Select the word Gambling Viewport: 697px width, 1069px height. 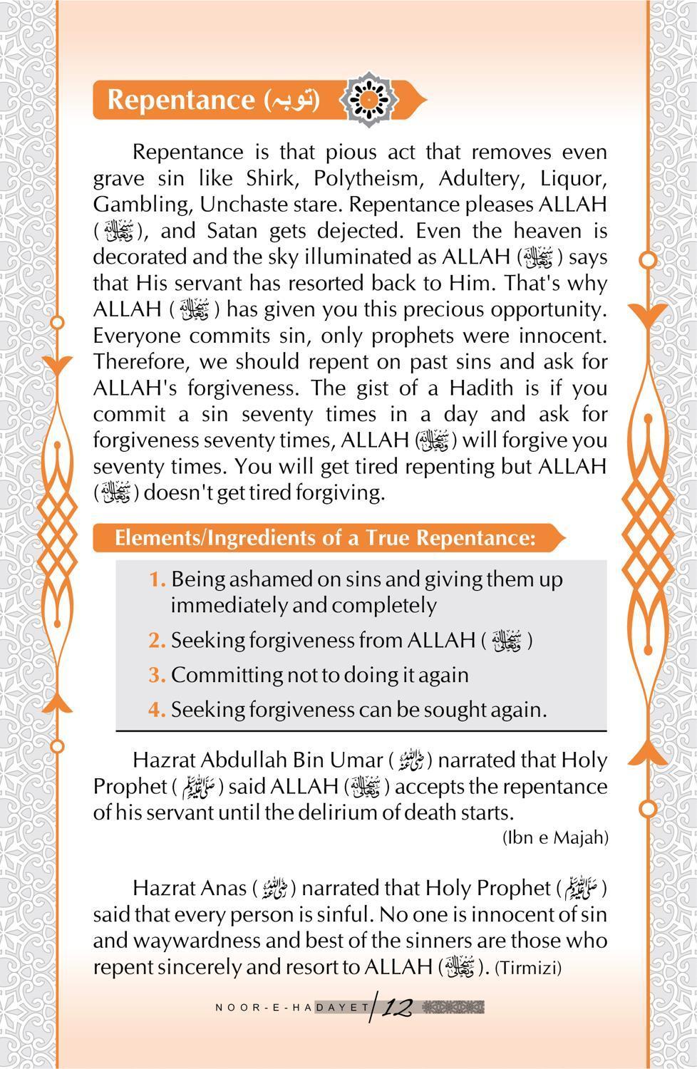(140, 205)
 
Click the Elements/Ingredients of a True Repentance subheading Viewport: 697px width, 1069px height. (324, 537)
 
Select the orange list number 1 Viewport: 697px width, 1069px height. (157, 579)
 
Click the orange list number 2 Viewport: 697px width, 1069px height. (157, 640)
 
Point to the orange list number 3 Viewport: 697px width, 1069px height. (157, 674)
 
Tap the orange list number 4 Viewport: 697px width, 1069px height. (157, 710)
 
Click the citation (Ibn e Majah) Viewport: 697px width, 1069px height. (555, 837)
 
